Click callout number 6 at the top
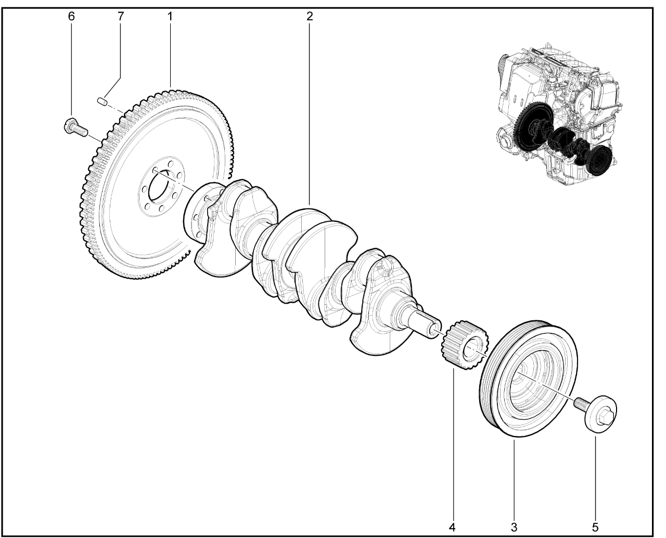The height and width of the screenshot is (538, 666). click(x=72, y=16)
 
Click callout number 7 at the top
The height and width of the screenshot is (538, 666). click(x=121, y=16)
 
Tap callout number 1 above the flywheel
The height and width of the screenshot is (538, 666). click(x=170, y=16)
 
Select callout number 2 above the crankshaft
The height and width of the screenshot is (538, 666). click(x=310, y=16)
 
